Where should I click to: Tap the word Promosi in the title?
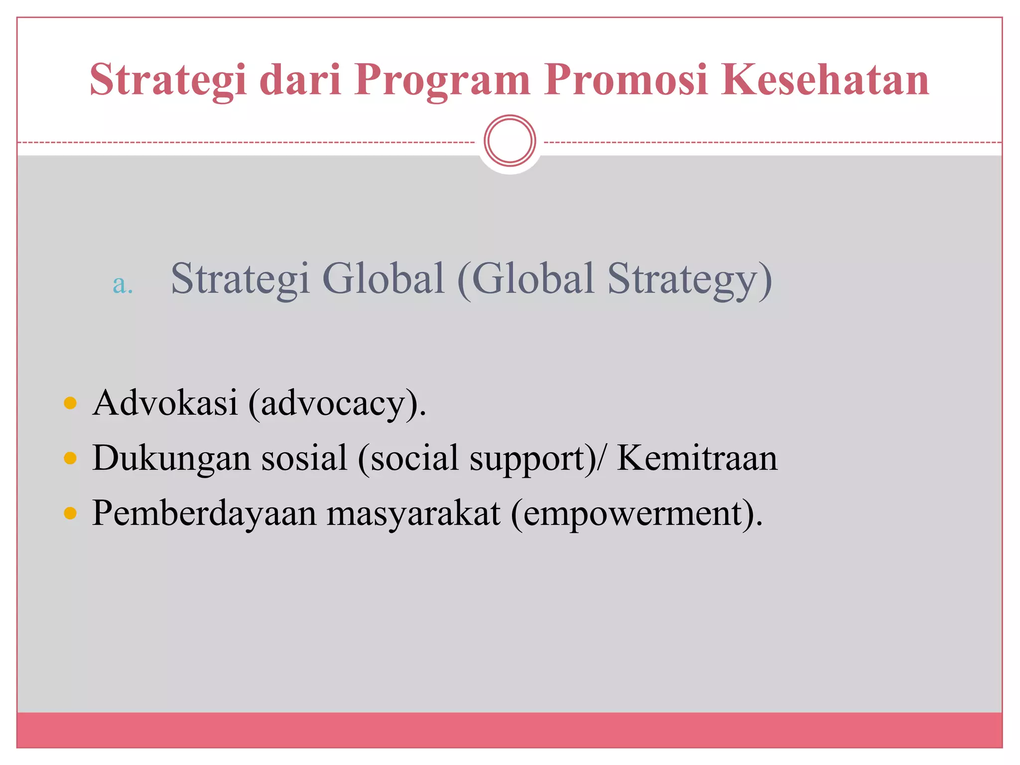[626, 80]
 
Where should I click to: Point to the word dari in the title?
[300, 80]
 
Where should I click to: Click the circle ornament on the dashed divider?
[510, 141]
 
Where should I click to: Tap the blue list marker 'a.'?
[123, 284]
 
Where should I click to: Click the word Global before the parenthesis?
[383, 278]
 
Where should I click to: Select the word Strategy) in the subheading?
[689, 279]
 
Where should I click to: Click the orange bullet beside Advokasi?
[70, 402]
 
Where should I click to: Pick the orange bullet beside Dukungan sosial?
[70, 458]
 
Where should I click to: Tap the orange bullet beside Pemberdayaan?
[70, 513]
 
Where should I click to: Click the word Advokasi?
[165, 402]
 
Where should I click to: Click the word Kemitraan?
[697, 458]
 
